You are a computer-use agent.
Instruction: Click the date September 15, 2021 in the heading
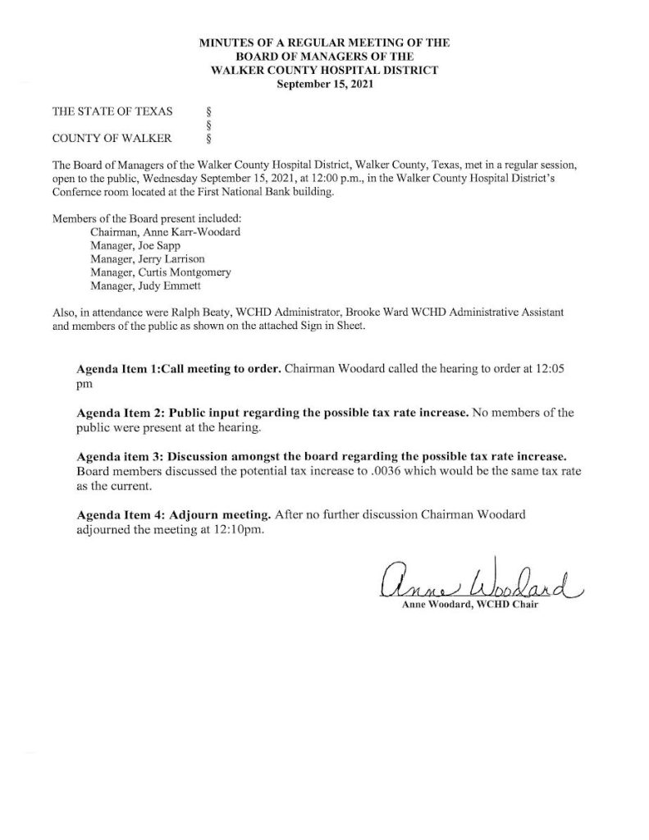(324, 84)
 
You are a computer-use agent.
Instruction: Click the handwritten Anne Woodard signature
(479, 582)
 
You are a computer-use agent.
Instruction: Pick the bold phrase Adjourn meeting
(221, 516)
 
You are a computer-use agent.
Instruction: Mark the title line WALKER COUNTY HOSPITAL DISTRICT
(324, 71)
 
